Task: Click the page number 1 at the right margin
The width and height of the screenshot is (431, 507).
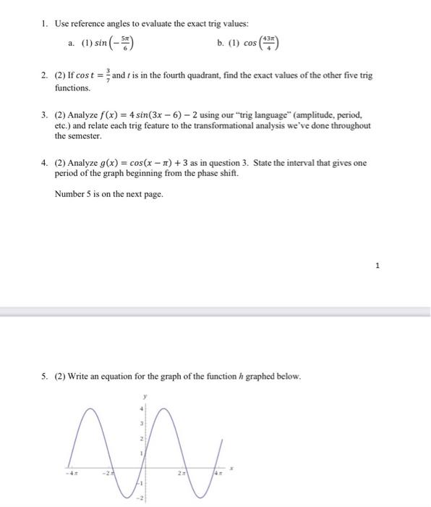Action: [x=377, y=266]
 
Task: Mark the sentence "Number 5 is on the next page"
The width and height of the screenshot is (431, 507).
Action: [x=108, y=193]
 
